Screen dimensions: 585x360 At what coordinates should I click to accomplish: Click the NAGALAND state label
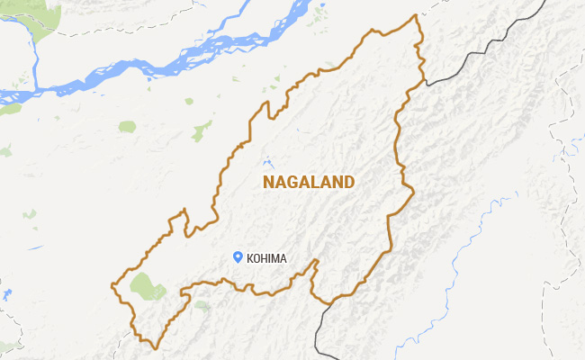tap(309, 183)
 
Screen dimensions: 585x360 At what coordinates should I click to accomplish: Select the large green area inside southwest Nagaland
tap(146, 286)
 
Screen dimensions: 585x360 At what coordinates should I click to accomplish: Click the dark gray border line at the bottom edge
tap(319, 333)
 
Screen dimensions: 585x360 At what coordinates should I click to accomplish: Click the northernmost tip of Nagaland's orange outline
tap(415, 15)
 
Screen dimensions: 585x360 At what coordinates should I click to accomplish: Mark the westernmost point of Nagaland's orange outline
tap(111, 286)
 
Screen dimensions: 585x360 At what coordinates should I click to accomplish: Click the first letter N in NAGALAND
tap(268, 183)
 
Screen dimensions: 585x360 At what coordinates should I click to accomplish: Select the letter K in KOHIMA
tap(249, 259)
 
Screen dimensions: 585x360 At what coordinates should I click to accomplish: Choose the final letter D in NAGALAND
tap(349, 183)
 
